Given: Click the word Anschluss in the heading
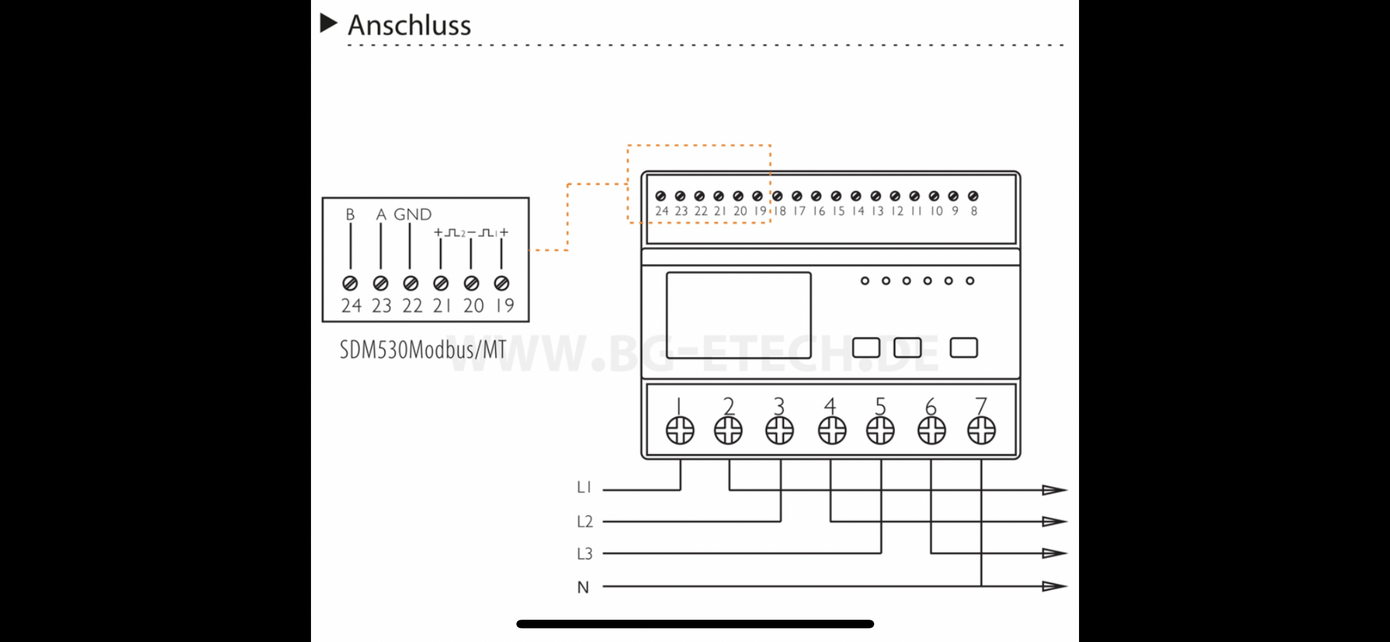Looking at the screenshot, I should [x=409, y=25].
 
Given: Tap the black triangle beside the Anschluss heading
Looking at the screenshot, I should [x=328, y=23].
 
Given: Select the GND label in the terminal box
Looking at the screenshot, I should [x=412, y=215].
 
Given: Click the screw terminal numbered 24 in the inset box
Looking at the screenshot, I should [x=350, y=283].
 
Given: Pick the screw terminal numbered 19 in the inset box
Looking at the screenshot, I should [x=502, y=283].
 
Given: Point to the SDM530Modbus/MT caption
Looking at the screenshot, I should [x=423, y=350].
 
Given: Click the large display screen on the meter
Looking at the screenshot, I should [x=738, y=315].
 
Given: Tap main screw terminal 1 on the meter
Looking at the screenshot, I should [x=680, y=430].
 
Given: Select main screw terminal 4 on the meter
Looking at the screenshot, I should [x=831, y=430].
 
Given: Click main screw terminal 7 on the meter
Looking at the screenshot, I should [x=981, y=430].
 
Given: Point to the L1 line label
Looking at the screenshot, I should [x=584, y=487].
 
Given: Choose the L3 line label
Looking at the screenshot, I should [x=584, y=554].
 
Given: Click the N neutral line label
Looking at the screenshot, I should [x=583, y=587].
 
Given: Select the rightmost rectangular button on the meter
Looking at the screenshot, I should [x=964, y=348].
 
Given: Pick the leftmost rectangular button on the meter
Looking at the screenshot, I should [x=866, y=348].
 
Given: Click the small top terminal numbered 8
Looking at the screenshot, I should [x=973, y=196].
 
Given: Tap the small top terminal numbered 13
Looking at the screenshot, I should [x=875, y=196].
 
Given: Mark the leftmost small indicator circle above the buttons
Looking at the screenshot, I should [x=865, y=281].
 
